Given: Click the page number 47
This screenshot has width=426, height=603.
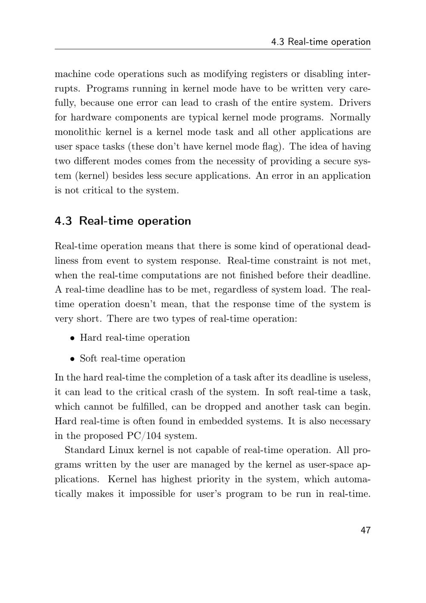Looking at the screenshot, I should point(366,530).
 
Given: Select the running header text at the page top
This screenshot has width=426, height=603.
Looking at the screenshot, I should point(321,42).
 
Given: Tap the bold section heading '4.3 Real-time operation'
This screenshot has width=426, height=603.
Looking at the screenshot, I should point(123,221).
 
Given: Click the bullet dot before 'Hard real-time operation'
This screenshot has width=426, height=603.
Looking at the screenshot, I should point(73,338).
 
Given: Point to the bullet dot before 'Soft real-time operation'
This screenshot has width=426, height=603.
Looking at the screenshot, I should point(73,359).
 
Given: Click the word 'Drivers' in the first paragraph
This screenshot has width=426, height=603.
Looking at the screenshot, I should point(355,103).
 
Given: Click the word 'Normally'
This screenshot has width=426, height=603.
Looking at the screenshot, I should point(350,118).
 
